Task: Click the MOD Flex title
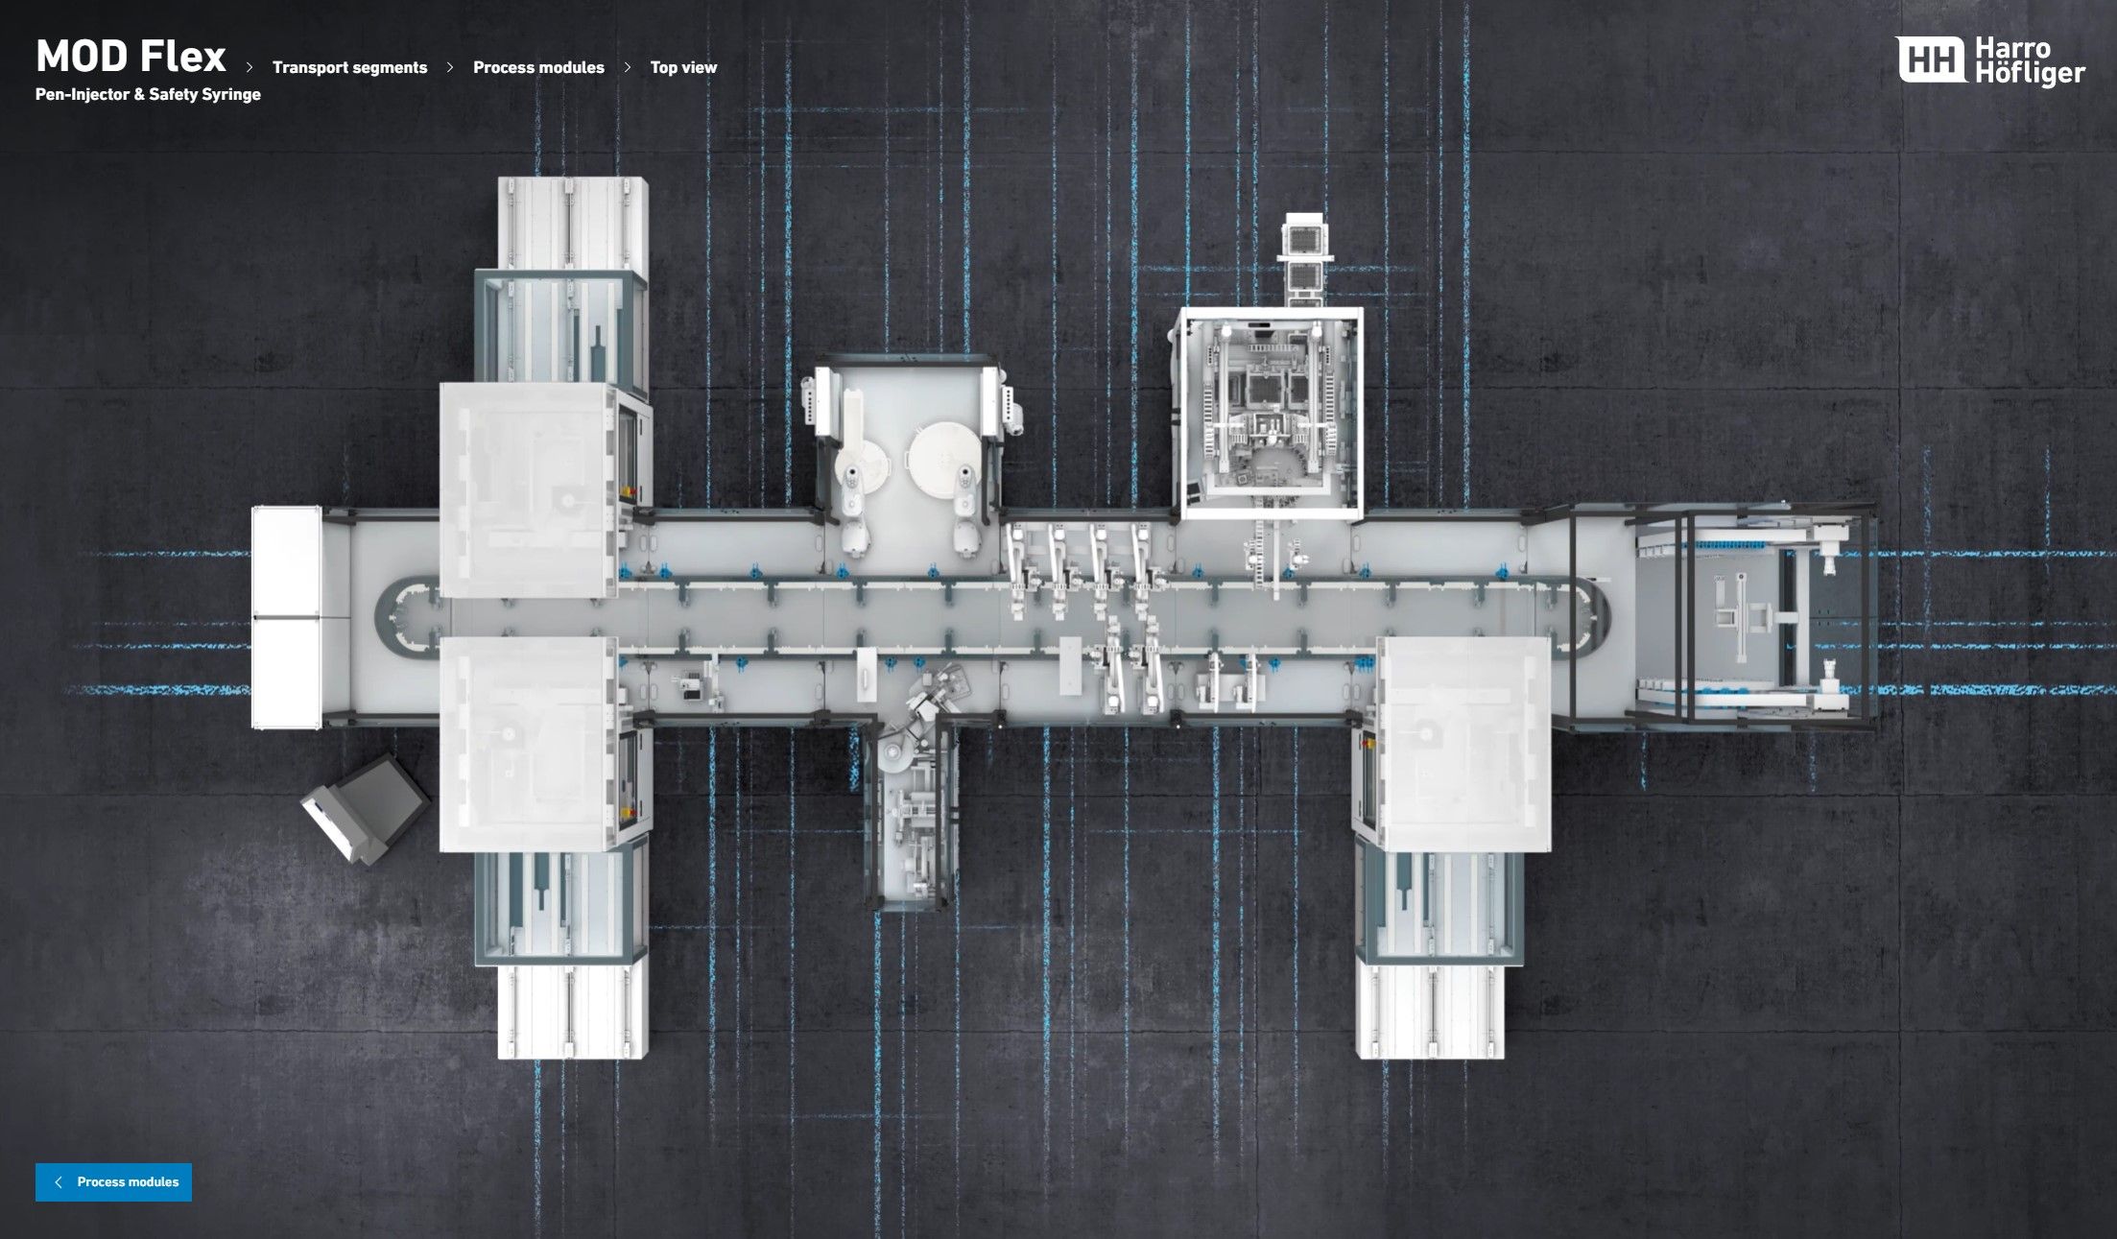pos(131,57)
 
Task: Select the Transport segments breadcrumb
pos(349,67)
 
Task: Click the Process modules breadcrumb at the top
pos(538,67)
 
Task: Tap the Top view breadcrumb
pos(683,67)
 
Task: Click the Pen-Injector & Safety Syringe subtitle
pos(148,94)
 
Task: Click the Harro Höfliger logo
pos(1990,60)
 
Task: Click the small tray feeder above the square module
pos(1304,257)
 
